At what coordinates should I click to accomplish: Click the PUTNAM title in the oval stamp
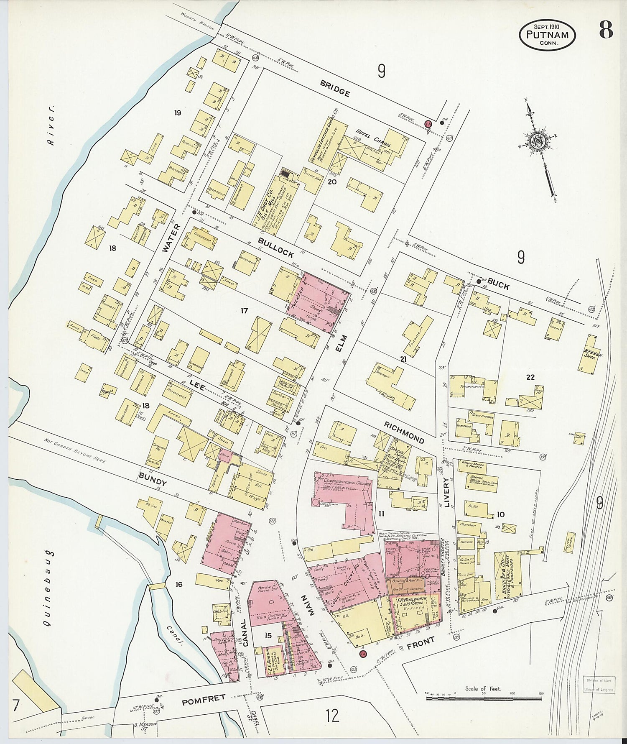(x=547, y=35)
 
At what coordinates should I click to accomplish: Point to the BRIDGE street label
(x=335, y=88)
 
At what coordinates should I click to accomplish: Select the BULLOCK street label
(x=275, y=247)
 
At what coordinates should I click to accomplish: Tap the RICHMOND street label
(x=404, y=432)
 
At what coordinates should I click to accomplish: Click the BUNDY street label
(x=153, y=479)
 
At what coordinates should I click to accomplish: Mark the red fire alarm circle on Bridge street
(x=428, y=124)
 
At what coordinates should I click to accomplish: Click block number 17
(x=244, y=311)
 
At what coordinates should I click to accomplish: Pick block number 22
(x=530, y=377)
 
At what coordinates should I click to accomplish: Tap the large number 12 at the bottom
(x=333, y=716)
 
